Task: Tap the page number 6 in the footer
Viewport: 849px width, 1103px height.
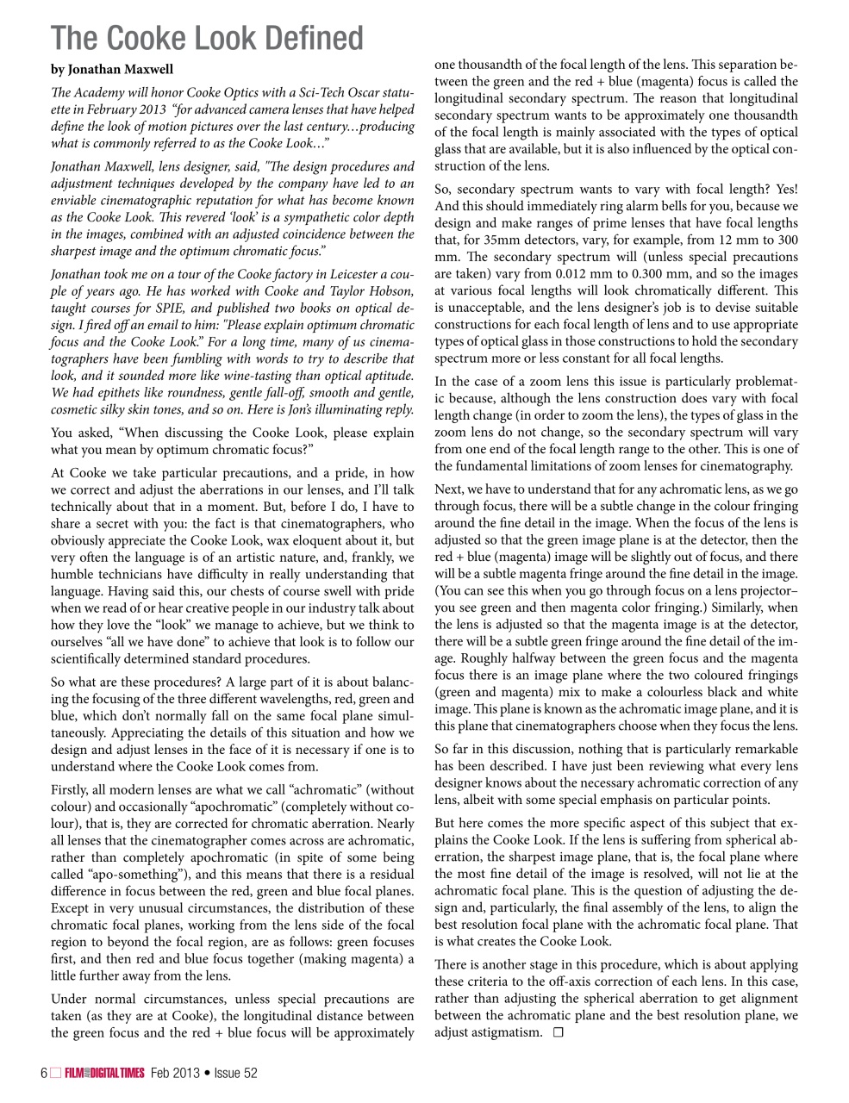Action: (43, 1073)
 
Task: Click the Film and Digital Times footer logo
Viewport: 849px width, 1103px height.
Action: (104, 1073)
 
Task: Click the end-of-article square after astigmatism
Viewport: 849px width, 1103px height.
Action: (558, 1032)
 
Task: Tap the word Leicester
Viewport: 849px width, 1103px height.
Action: (343, 273)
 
